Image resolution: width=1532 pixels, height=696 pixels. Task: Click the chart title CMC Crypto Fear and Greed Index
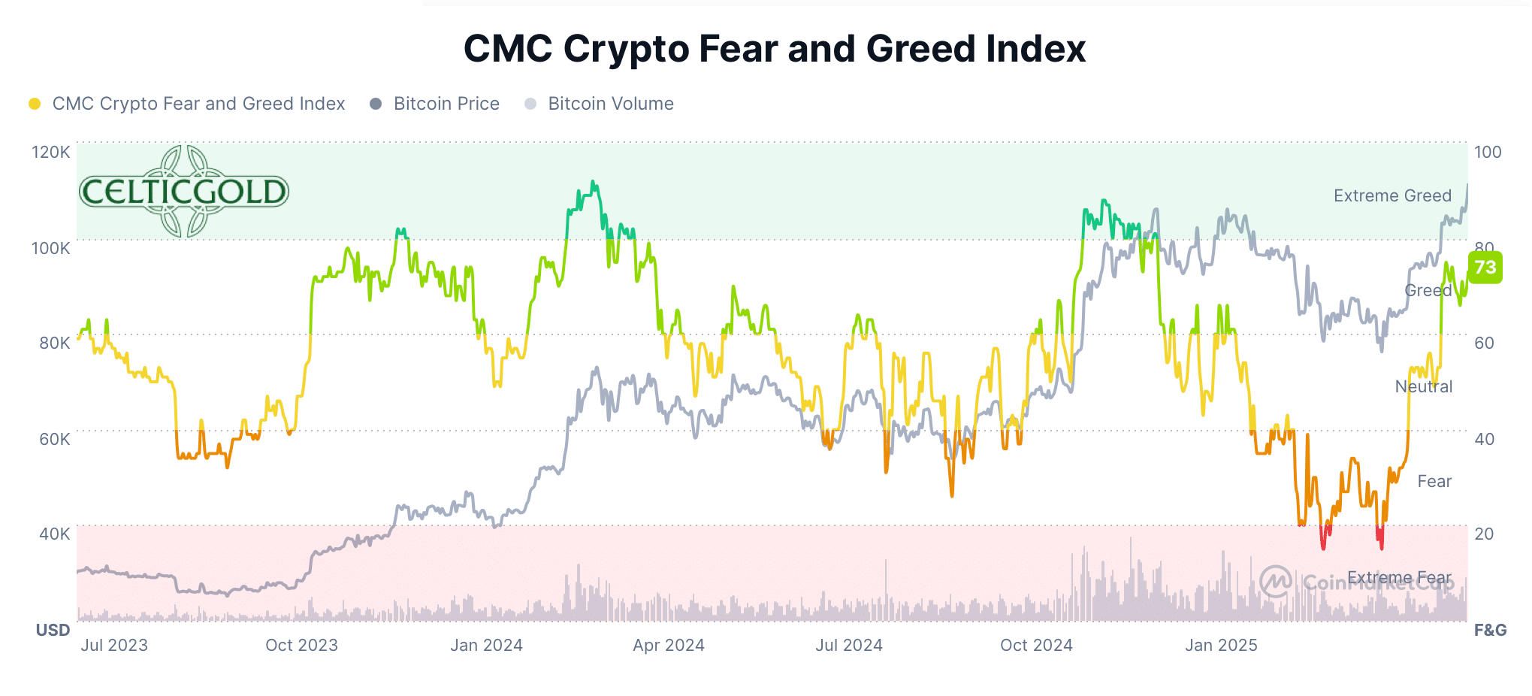774,49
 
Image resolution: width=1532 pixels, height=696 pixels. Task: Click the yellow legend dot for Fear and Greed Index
35,104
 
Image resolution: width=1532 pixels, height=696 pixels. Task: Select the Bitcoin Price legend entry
446,104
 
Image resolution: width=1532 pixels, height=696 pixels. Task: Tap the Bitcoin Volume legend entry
610,104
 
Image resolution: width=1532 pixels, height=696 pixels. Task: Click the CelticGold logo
183,191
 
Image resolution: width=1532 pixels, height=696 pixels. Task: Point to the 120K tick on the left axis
50,152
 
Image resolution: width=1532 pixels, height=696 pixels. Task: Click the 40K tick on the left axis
54,534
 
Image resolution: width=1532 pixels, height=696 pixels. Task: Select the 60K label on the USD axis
54,439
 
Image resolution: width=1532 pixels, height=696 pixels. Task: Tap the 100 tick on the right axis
1487,152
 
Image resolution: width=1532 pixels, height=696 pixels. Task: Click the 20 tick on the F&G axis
1483,534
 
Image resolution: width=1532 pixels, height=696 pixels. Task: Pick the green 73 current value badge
1485,268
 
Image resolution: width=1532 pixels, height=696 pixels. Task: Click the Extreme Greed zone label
1391,195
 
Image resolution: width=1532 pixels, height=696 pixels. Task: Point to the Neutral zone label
1423,386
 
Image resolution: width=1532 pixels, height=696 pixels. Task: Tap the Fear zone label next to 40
1434,481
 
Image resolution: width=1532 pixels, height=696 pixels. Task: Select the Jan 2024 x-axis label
486,645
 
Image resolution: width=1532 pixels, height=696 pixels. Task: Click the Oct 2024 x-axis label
1035,645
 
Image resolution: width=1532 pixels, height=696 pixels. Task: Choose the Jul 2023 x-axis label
114,645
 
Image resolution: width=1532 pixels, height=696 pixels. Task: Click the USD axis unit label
53,630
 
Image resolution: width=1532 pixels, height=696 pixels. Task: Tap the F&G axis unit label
1489,630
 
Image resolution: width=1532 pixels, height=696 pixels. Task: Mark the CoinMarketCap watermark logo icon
1275,581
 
